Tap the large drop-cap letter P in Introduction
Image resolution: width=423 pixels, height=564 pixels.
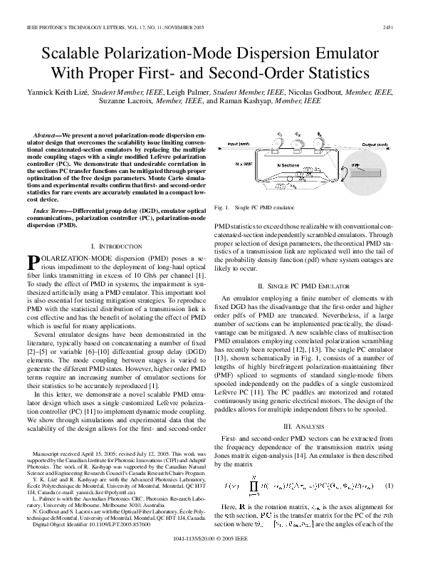click(32, 265)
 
